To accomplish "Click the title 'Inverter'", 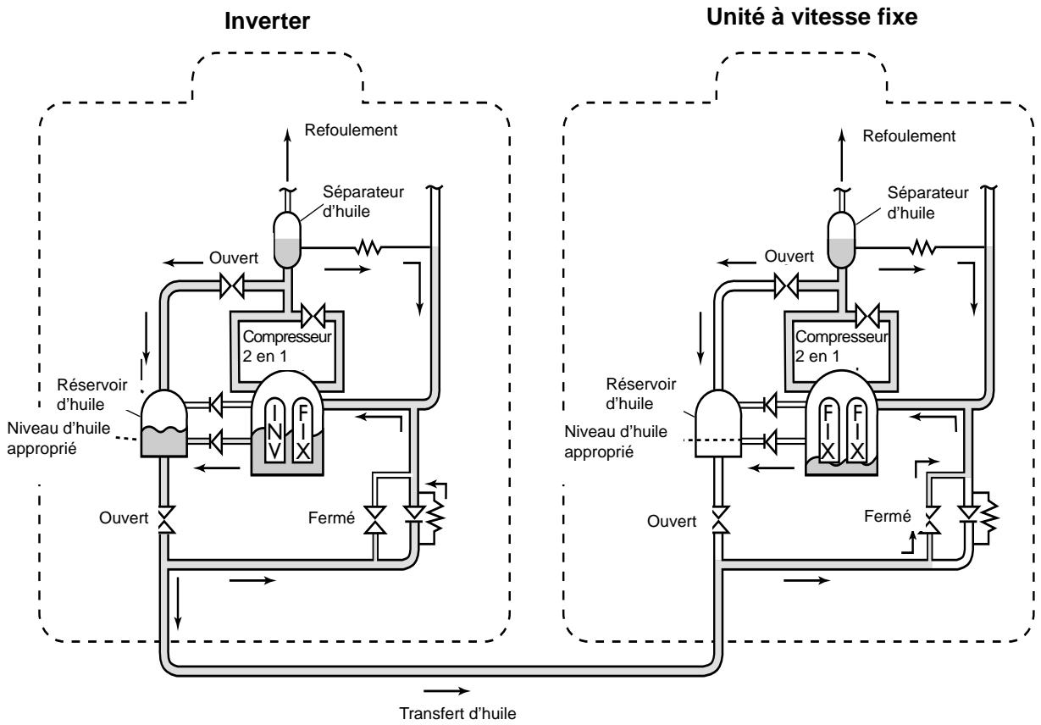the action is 267,21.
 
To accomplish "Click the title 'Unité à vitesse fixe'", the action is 811,17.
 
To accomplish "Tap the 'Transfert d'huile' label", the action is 457,713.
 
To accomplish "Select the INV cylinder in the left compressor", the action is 274,431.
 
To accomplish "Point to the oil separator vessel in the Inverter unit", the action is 287,240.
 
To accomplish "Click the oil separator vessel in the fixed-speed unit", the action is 842,240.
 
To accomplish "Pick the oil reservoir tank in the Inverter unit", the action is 163,423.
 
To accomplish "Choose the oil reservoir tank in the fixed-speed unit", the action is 718,423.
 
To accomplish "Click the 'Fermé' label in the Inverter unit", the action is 331,517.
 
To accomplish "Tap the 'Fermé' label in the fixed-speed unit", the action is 887,516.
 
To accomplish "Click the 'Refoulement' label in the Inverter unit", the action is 351,130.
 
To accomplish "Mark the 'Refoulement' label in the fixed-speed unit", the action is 909,136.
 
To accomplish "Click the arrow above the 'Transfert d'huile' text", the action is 446,691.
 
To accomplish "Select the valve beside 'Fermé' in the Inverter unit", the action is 374,520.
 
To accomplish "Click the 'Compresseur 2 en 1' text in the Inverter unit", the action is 287,346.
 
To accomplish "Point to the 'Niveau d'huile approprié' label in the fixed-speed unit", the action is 616,441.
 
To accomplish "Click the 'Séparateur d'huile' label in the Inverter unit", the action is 363,202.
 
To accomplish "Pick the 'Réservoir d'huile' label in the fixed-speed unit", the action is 641,394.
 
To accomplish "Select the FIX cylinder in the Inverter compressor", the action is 303,431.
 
